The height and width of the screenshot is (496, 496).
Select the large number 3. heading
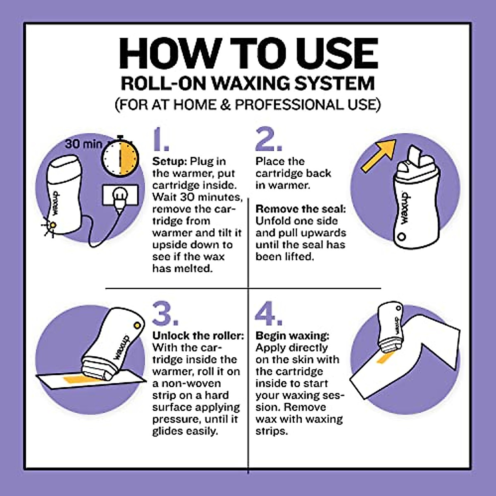[165, 314]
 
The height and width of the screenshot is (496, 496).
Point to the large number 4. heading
[268, 314]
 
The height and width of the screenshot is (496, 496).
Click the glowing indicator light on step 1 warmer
[52, 225]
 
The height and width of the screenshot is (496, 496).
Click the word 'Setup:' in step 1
[170, 161]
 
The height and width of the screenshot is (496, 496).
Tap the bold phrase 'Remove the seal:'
[300, 209]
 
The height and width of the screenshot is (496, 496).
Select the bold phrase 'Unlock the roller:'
[198, 336]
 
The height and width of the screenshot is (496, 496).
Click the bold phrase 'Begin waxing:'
[292, 336]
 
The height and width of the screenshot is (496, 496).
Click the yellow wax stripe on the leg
[384, 358]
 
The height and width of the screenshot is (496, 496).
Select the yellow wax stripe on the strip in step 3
[74, 379]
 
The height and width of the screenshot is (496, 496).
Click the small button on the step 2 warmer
[401, 237]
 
